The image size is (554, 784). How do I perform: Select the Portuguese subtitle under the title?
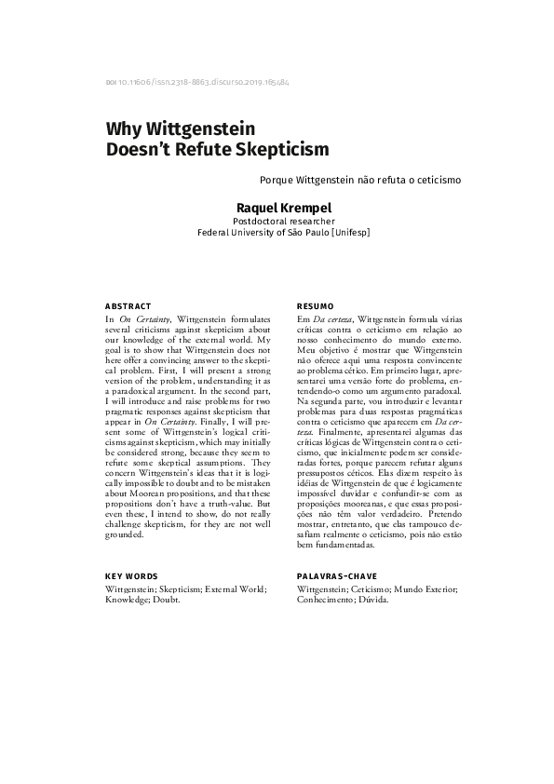click(361, 177)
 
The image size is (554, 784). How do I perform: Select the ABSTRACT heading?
click(128, 306)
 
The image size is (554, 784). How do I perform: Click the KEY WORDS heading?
click(132, 577)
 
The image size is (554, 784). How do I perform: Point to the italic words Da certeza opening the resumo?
click(334, 319)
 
